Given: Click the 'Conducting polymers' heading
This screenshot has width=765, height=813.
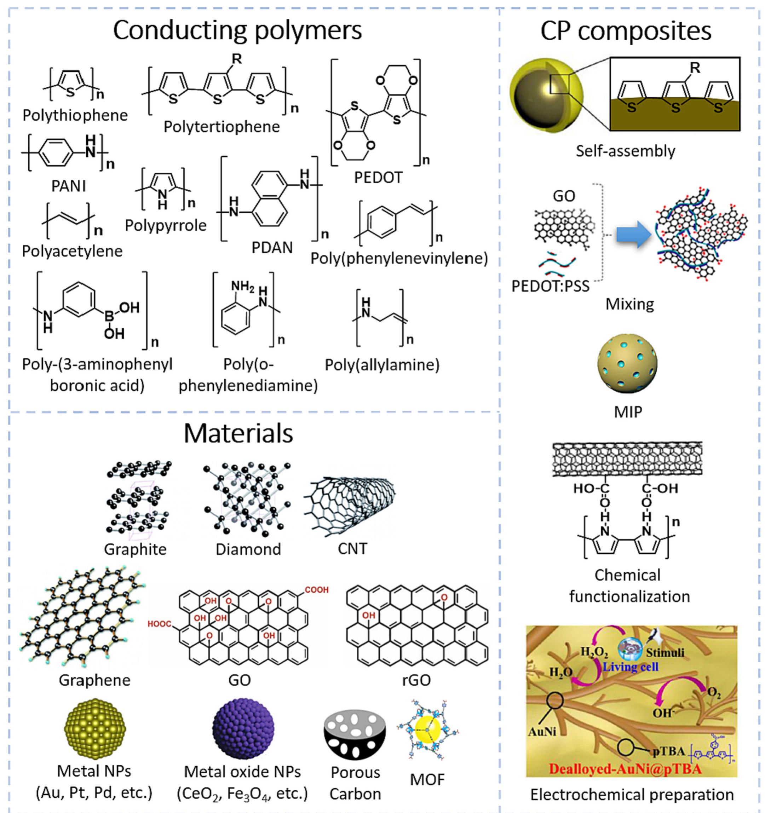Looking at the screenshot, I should point(237,31).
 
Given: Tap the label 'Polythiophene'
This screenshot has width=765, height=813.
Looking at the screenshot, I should point(75,115).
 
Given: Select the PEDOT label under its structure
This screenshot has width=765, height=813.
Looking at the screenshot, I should point(378,178).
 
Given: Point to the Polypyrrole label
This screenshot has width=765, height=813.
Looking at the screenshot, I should point(166,225).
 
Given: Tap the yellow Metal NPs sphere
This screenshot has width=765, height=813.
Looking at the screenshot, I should point(95,728).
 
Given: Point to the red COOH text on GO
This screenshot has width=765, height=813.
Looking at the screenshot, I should point(317,590).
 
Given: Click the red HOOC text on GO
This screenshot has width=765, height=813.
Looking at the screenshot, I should point(160,624).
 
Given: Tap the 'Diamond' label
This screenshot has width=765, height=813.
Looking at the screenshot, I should point(248,549).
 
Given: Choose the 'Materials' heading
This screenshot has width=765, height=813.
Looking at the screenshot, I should point(238,433).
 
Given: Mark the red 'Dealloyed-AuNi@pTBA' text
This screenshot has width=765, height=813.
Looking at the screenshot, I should point(625,768).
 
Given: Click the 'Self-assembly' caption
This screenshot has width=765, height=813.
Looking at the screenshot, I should point(626,151).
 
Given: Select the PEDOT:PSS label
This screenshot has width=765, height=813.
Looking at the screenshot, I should point(550,286).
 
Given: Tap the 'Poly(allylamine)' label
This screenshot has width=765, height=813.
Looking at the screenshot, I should point(382,365).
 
